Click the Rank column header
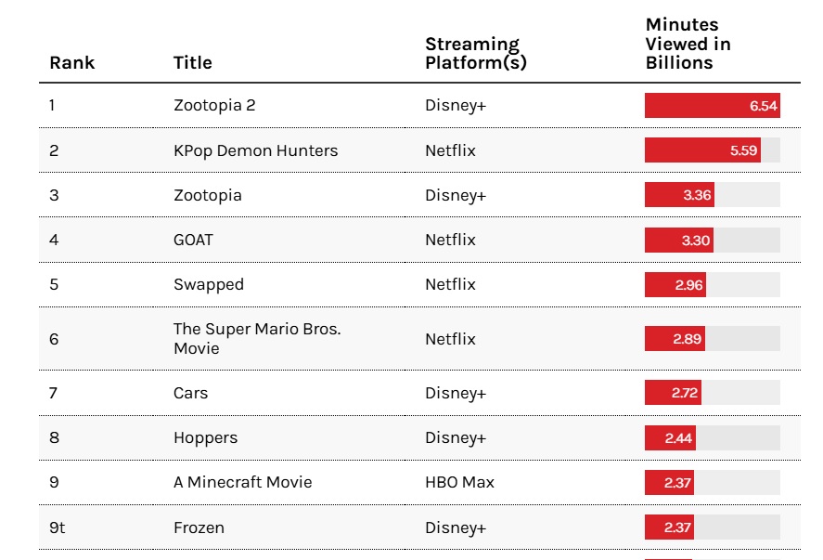(71, 62)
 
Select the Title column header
(193, 62)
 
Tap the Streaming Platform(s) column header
(476, 53)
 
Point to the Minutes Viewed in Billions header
(688, 44)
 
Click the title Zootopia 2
(214, 105)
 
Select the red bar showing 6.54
(713, 105)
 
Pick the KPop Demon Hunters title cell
(255, 150)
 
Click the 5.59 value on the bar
(743, 150)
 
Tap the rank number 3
(54, 195)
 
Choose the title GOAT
(193, 241)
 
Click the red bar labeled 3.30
(679, 241)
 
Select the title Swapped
(209, 285)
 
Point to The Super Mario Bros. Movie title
(257, 338)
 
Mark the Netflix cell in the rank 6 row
(450, 339)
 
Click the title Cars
(190, 393)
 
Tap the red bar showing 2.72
(673, 393)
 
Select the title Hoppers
(205, 438)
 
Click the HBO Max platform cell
(459, 482)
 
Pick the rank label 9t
(58, 527)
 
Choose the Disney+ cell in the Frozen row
(456, 527)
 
